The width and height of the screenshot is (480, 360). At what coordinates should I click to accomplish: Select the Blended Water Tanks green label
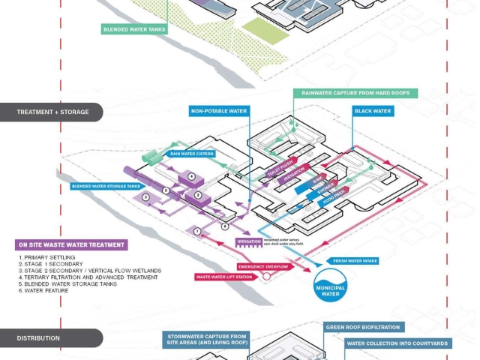pyautogui.click(x=135, y=30)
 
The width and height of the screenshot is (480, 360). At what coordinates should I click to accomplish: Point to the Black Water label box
pyautogui.click(x=372, y=111)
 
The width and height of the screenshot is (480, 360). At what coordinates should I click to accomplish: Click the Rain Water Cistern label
pyautogui.click(x=192, y=154)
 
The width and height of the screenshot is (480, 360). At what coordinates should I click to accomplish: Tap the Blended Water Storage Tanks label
pyautogui.click(x=106, y=186)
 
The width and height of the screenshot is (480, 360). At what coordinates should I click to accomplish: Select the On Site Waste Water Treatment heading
pyautogui.click(x=71, y=244)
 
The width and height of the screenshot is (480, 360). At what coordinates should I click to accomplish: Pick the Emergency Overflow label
pyautogui.click(x=263, y=267)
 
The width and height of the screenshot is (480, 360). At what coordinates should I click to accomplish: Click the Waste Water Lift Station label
pyautogui.click(x=225, y=277)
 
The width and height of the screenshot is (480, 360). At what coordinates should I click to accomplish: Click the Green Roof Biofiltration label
pyautogui.click(x=364, y=327)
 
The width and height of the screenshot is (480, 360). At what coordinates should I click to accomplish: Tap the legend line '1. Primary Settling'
pyautogui.click(x=49, y=257)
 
